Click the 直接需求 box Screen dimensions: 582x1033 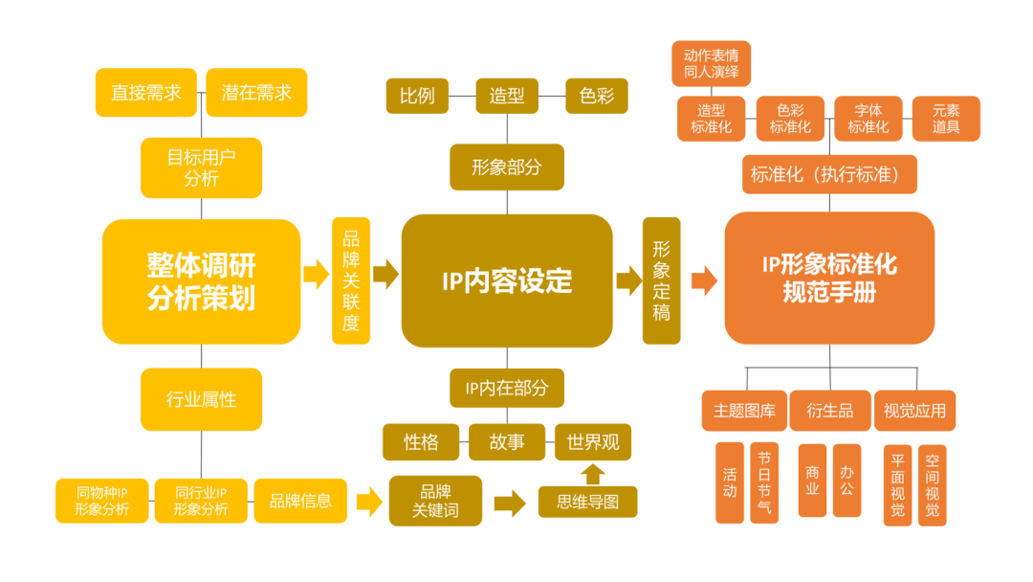[145, 93]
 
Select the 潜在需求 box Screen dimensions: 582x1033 [256, 93]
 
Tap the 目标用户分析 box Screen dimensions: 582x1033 [201, 168]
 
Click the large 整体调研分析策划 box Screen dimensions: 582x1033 [201, 281]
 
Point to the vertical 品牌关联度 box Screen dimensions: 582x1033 [351, 280]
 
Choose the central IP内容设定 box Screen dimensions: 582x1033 [507, 280]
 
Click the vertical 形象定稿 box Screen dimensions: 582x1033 [661, 280]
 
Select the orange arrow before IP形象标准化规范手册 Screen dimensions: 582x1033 [704, 280]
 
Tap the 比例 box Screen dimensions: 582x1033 [417, 96]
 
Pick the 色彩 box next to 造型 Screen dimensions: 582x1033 [597, 96]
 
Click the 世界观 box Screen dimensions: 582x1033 [593, 442]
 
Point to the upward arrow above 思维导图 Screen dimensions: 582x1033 [593, 474]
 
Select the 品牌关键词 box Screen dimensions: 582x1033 [435, 501]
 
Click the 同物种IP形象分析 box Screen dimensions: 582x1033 [102, 501]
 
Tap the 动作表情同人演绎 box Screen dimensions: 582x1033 [711, 62]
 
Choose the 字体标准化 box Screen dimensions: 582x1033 [868, 119]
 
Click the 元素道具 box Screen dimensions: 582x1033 [946, 119]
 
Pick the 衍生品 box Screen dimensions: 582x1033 [830, 411]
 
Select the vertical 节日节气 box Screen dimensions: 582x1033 [762, 483]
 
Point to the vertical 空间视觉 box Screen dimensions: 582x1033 [933, 484]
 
